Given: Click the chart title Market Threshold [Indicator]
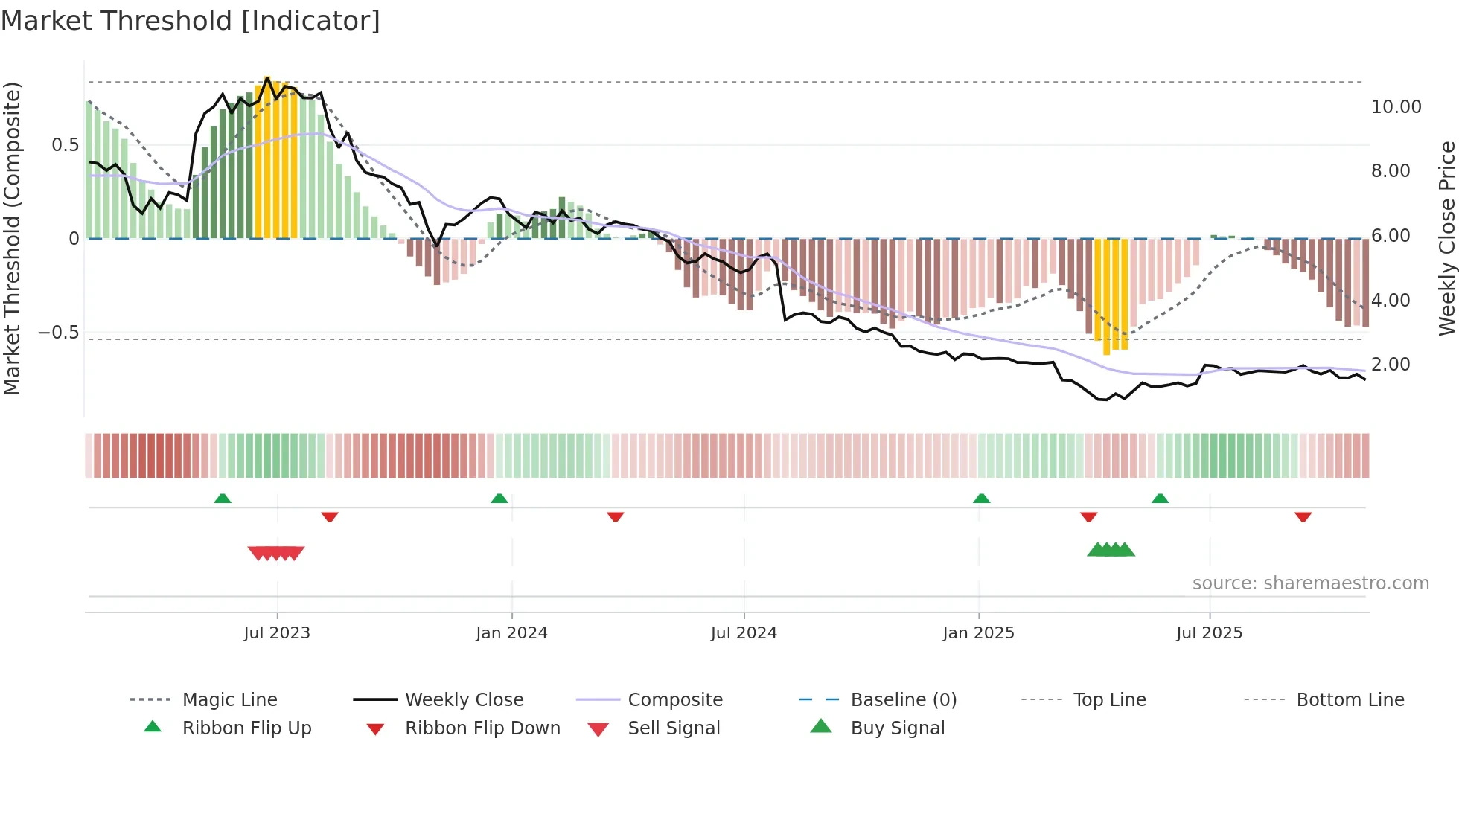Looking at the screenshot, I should (191, 21).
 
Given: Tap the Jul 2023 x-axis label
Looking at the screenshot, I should (277, 633).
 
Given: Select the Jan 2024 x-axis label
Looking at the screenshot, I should (511, 633).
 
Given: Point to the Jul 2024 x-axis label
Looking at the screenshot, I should (744, 633).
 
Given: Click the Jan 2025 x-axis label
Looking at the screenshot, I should (978, 633).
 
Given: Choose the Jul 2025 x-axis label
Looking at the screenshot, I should (1210, 633).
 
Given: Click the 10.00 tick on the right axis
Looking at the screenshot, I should (1396, 107).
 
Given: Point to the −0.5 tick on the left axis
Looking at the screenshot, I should (59, 333).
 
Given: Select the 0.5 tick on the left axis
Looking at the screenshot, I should (65, 145).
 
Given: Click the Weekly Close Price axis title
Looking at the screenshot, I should (1446, 238).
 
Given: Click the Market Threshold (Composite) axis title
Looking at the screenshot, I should (12, 238).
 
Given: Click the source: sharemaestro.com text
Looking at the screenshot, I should (1310, 583).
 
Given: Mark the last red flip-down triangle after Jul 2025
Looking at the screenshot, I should (1303, 516).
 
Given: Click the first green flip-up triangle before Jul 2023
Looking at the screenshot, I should (223, 499).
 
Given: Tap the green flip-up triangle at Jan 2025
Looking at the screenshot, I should (981, 499).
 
